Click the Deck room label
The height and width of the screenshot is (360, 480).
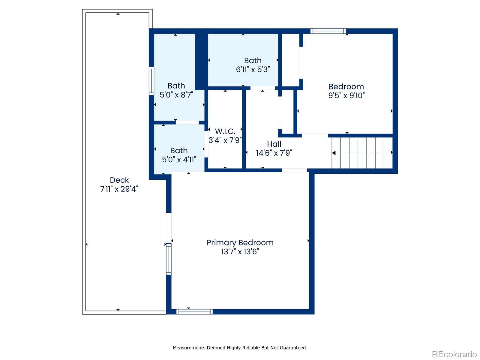(119, 180)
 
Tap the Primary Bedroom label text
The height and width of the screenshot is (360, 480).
(240, 243)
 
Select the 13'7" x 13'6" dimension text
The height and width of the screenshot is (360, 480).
(240, 252)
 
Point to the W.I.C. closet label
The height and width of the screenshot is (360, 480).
(225, 131)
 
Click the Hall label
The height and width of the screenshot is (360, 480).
(274, 144)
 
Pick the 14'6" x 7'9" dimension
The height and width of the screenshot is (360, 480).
(274, 153)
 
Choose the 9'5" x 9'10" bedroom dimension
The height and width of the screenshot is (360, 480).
(346, 95)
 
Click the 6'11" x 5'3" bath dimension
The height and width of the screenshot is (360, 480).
(253, 70)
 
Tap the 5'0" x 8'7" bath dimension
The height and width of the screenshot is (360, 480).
(176, 95)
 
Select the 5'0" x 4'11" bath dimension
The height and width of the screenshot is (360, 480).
(179, 160)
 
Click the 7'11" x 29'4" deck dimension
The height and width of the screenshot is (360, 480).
(119, 189)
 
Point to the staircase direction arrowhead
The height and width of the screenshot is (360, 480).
(334, 153)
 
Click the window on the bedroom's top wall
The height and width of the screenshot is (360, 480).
(328, 31)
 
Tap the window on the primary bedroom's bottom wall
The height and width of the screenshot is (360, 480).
(194, 312)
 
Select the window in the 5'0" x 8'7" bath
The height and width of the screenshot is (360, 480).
(151, 81)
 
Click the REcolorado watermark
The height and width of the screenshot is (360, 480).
(454, 354)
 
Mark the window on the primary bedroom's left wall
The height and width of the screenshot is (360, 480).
(169, 259)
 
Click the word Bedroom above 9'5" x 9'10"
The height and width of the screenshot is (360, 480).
(346, 87)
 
